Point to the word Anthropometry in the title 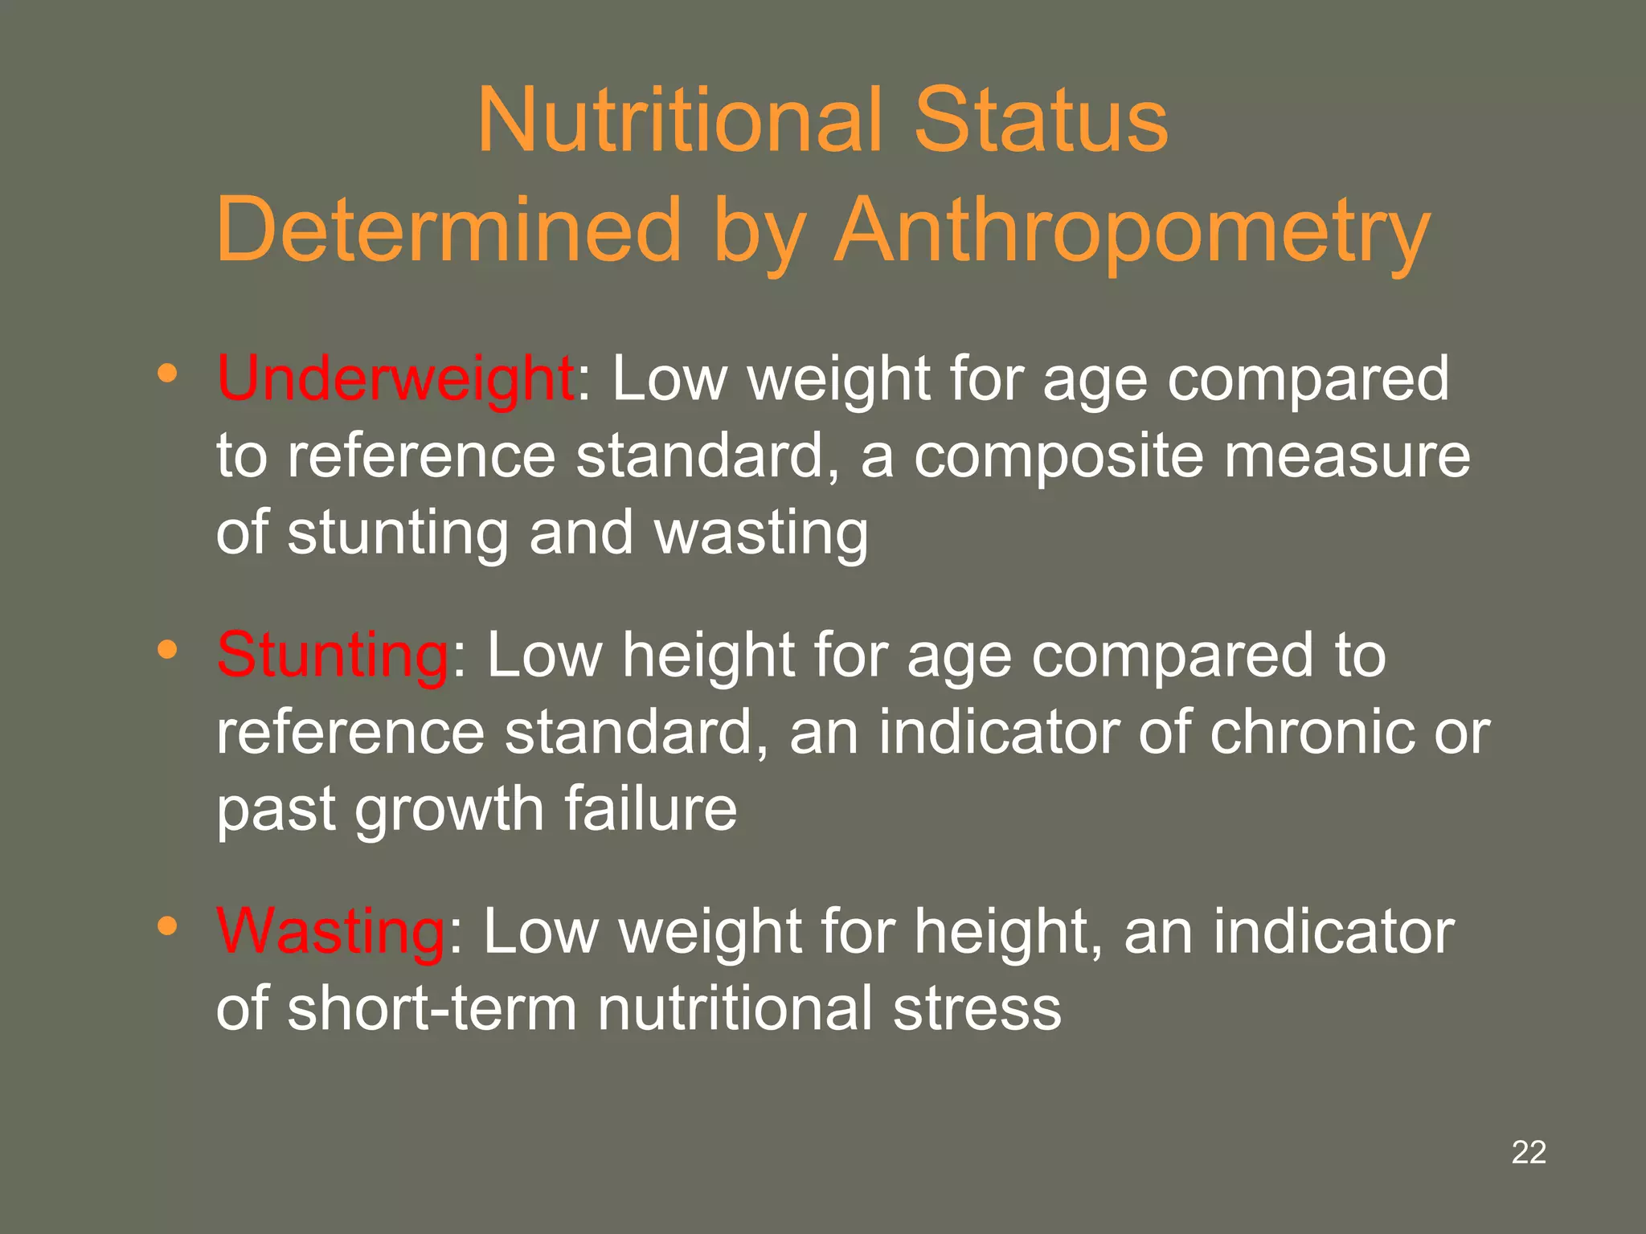click(1132, 233)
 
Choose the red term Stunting click(333, 656)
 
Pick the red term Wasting click(330, 932)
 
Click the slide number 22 click(1529, 1152)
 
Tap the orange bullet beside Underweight click(167, 374)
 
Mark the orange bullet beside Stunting click(167, 649)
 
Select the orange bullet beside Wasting click(167, 926)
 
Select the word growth click(449, 811)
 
